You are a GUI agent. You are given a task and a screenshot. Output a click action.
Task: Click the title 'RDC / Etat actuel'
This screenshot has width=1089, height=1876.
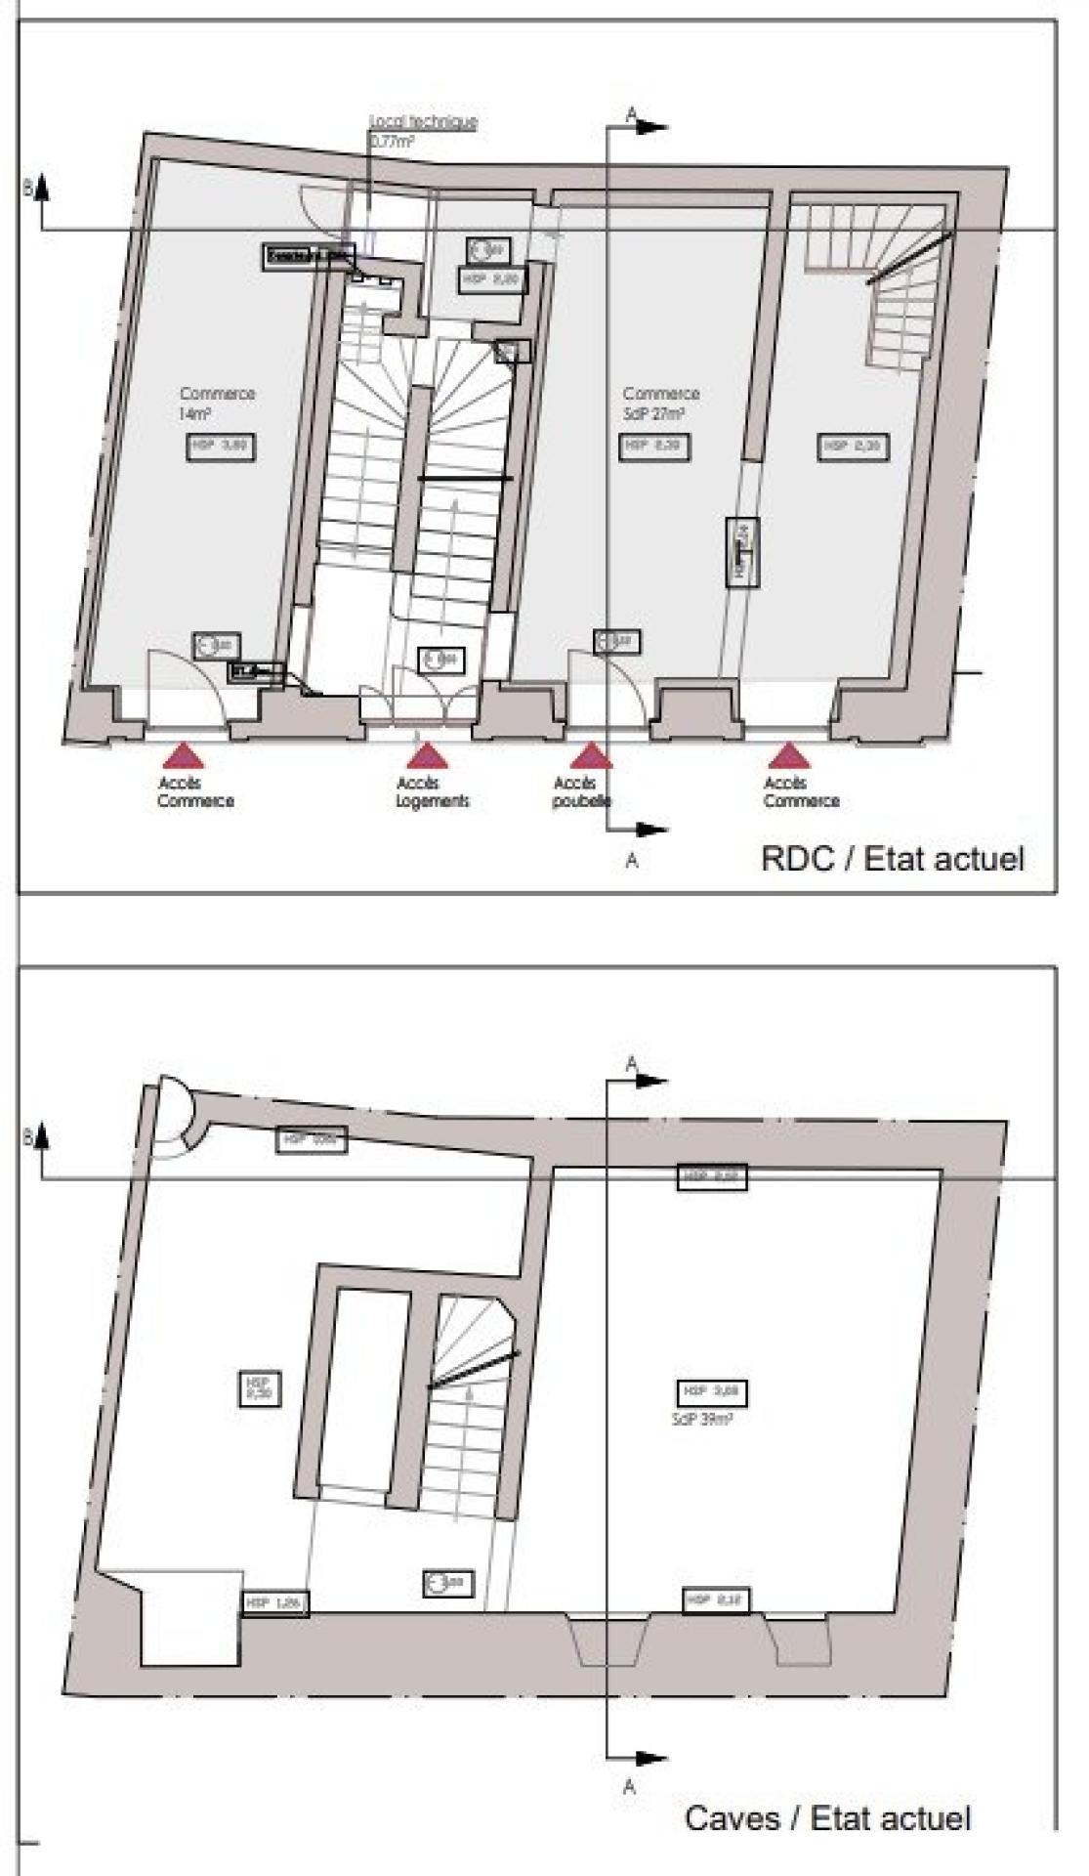click(x=892, y=859)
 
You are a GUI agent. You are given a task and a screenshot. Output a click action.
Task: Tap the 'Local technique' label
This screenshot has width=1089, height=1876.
click(x=423, y=122)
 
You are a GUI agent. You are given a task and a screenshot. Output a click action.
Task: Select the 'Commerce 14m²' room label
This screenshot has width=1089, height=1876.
click(x=216, y=403)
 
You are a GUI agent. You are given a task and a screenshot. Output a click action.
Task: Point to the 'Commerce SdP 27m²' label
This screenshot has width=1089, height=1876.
click(x=660, y=403)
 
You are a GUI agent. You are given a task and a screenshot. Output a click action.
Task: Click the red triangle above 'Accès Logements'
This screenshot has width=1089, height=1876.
click(x=426, y=757)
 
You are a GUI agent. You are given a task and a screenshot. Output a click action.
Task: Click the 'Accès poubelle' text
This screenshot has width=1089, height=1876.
click(x=582, y=792)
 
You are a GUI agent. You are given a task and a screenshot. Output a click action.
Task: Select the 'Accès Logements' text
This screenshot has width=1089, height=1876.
click(x=432, y=792)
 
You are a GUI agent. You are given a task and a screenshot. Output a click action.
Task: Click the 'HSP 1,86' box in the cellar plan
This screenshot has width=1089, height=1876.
click(x=275, y=1603)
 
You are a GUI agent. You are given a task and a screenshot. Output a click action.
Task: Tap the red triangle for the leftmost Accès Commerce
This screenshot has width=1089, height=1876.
click(x=182, y=757)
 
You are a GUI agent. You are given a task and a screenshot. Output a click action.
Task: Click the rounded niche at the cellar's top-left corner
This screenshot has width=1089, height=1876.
click(x=178, y=1115)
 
